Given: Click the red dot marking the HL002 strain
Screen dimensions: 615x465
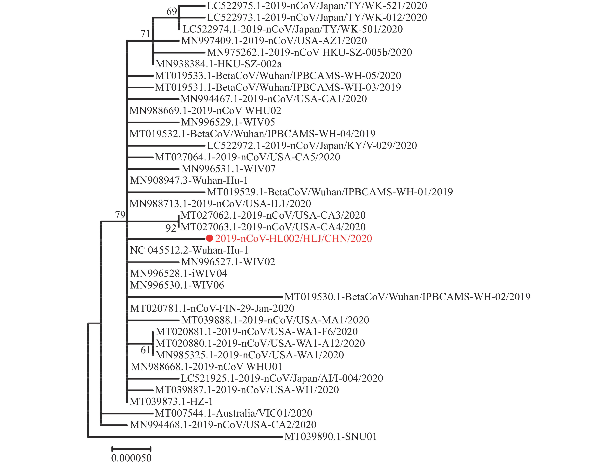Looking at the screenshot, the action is pos(209,238).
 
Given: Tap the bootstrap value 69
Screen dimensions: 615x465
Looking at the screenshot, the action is pos(171,11).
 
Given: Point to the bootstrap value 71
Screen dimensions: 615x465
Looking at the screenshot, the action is pos(145,34).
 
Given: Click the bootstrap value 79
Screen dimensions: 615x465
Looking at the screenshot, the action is pos(120,215).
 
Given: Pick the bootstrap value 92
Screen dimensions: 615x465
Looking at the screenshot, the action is pos(171,228).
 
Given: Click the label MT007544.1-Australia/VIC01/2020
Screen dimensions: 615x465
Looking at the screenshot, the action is pos(233,413).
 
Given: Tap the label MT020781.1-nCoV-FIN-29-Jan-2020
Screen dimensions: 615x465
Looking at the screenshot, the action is pos(212,308).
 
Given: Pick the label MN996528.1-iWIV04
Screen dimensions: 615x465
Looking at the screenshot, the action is pos(178,273).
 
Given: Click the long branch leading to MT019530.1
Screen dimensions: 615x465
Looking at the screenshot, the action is pos(205,297).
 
